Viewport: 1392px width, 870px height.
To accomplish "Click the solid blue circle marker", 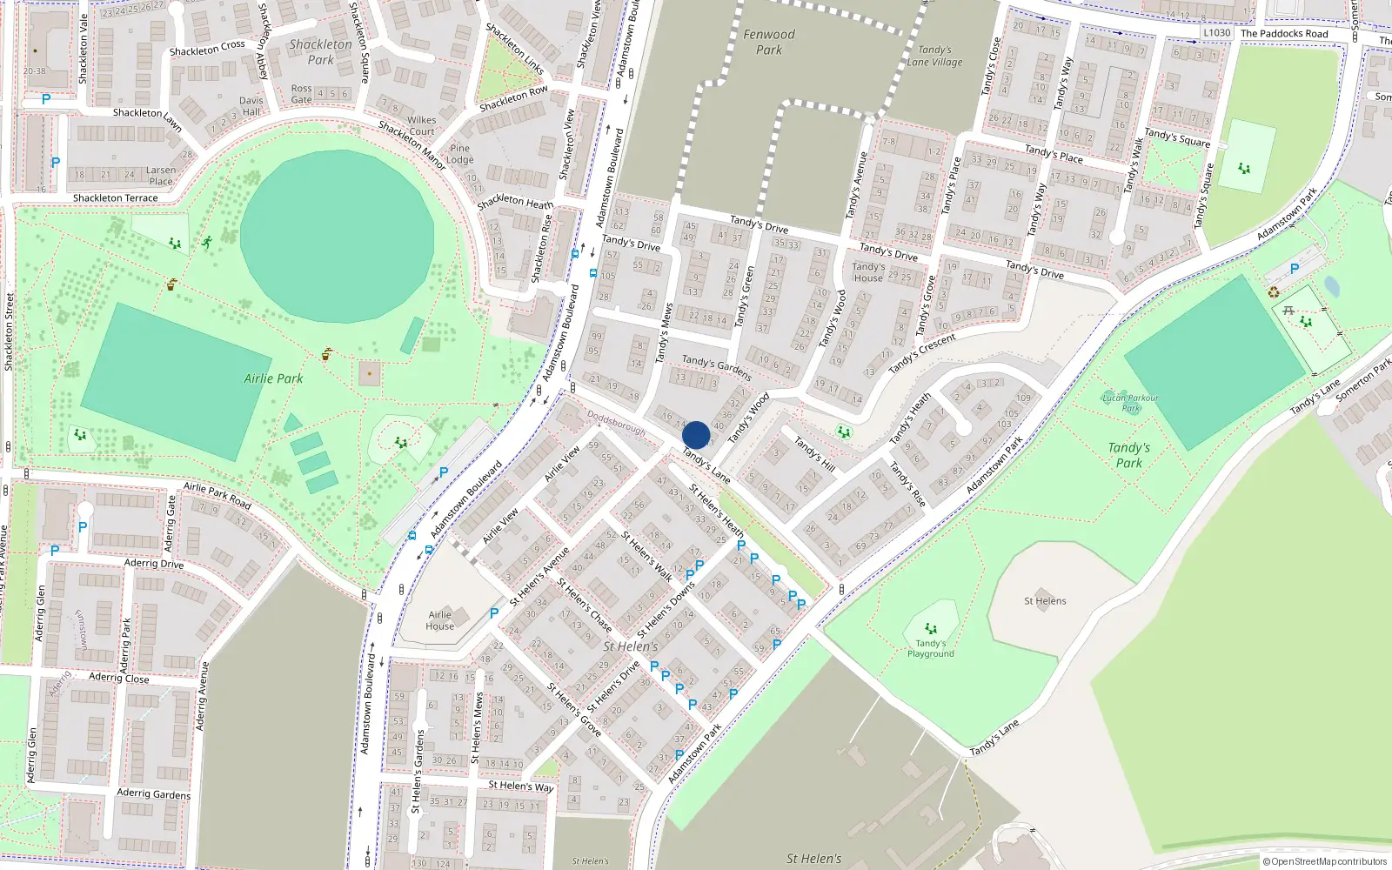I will pyautogui.click(x=696, y=435).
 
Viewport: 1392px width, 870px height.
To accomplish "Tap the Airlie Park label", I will pyautogui.click(x=273, y=378).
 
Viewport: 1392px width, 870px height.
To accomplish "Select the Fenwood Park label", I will pyautogui.click(x=769, y=42).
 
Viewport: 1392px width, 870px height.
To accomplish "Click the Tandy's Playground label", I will pyautogui.click(x=931, y=648).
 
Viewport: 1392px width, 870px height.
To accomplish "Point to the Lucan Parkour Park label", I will pyautogui.click(x=1130, y=403).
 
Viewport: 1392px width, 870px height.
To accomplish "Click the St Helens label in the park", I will pyautogui.click(x=1045, y=601).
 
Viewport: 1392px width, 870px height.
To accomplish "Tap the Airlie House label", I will pyautogui.click(x=439, y=620).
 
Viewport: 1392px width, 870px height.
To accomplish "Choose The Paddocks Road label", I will pyautogui.click(x=1284, y=34).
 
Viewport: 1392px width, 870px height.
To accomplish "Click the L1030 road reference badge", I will pyautogui.click(x=1217, y=33).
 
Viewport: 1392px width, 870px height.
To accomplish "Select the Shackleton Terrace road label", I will pyautogui.click(x=116, y=198).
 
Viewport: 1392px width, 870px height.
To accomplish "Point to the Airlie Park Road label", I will pyautogui.click(x=217, y=496).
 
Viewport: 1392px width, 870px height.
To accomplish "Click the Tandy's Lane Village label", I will pyautogui.click(x=935, y=56).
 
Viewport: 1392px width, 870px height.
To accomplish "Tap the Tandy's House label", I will pyautogui.click(x=868, y=272).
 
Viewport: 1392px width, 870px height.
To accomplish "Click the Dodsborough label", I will pyautogui.click(x=617, y=423).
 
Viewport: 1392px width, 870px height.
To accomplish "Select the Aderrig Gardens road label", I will pyautogui.click(x=154, y=793).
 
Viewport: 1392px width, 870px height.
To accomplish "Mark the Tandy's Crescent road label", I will pyautogui.click(x=922, y=353).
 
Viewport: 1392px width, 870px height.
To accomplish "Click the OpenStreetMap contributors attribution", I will pyautogui.click(x=1324, y=861).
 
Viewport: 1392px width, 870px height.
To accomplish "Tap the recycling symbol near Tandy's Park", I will pyautogui.click(x=1274, y=293).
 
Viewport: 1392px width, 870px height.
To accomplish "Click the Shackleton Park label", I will pyautogui.click(x=321, y=52).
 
